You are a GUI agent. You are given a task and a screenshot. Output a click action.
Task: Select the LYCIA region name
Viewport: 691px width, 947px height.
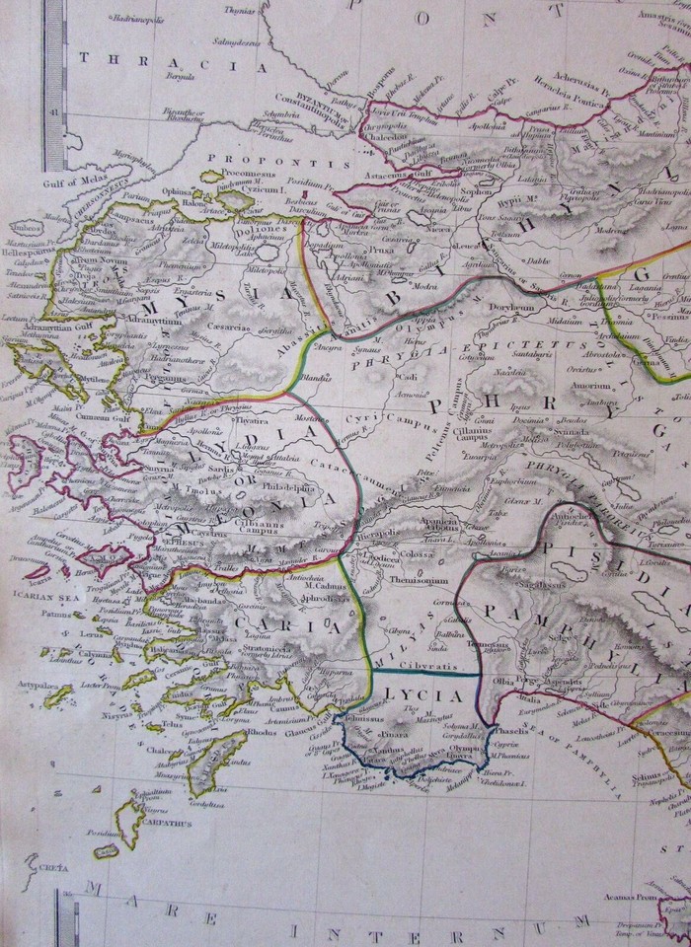coord(430,695)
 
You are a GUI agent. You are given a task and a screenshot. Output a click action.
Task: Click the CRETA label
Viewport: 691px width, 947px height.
coord(44,869)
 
